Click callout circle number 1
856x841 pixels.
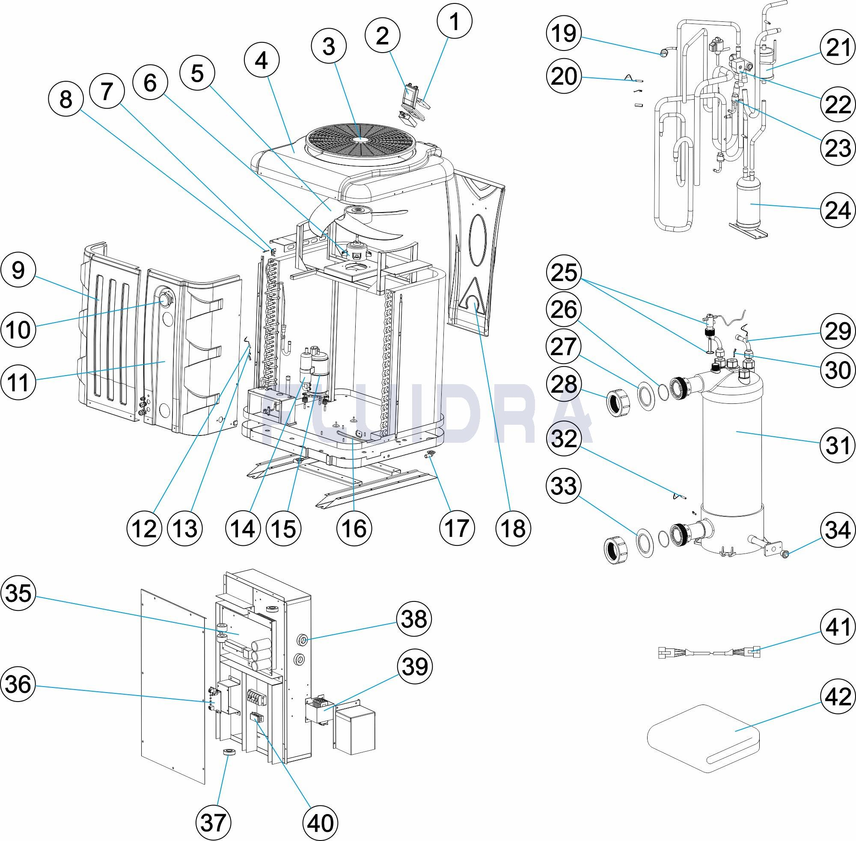[454, 21]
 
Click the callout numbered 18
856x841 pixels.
[513, 528]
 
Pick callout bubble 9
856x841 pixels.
[18, 269]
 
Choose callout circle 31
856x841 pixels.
[838, 445]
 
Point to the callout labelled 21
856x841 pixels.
[838, 48]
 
